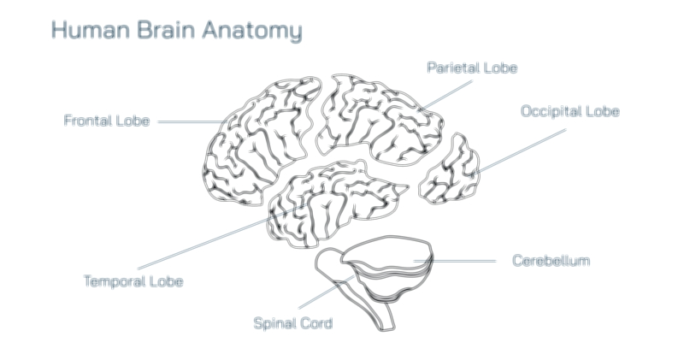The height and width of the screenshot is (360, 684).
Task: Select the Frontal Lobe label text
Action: click(107, 121)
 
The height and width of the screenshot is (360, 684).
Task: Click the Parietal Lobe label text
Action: click(472, 67)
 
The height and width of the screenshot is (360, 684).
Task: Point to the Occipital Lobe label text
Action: click(569, 111)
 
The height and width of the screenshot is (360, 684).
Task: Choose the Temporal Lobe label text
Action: click(133, 280)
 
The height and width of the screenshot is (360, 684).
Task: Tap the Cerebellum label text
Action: click(551, 260)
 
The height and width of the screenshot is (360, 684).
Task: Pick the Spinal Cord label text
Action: click(292, 323)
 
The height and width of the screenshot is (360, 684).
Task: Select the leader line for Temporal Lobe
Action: click(205, 239)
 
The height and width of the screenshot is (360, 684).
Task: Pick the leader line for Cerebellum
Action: click(466, 260)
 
